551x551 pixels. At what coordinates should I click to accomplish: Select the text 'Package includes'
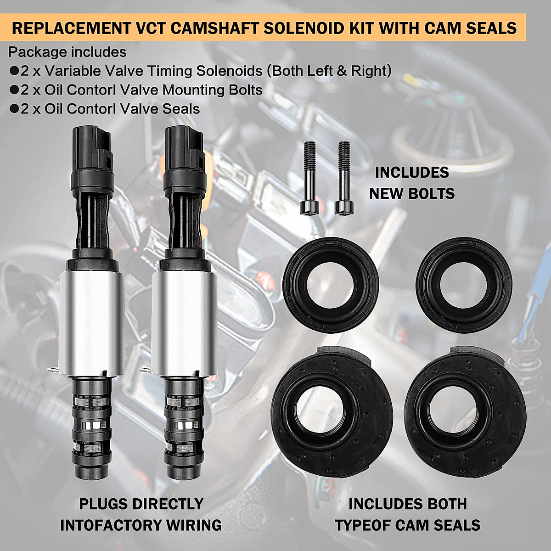pos(67,52)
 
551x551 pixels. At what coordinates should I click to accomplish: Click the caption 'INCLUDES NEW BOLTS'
pos(412,183)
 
